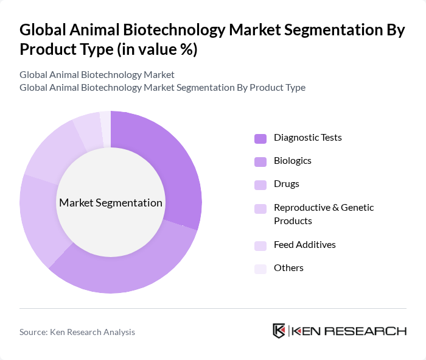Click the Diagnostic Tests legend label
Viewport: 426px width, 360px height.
coord(307,138)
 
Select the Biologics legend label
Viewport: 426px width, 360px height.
coord(292,161)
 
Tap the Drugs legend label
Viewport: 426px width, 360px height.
coord(286,184)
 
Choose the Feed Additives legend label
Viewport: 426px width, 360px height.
coord(304,245)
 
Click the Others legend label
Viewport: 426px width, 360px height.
coord(288,268)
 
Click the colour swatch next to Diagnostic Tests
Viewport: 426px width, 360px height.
coord(260,138)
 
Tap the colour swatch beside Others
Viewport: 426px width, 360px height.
coord(260,269)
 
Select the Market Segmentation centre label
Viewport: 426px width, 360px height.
coord(110,203)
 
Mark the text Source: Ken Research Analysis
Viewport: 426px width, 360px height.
coord(77,332)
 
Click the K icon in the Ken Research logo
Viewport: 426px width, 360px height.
coord(279,331)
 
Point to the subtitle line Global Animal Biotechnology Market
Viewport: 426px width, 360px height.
coord(97,74)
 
